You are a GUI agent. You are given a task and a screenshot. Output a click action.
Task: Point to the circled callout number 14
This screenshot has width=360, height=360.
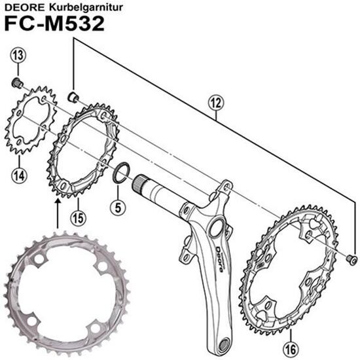click(x=18, y=173)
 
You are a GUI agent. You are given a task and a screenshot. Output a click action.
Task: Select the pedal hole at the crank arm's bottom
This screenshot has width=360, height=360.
click(x=225, y=342)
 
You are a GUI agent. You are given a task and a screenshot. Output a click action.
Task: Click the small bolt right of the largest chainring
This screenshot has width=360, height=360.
click(x=351, y=260)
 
